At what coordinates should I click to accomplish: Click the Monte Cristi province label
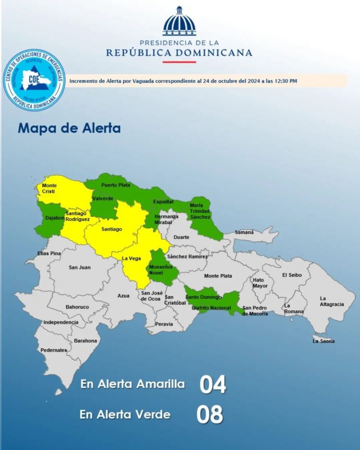[49, 188]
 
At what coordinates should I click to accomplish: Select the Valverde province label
[103, 199]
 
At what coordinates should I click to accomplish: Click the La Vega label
[131, 259]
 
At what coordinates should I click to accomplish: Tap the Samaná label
[244, 232]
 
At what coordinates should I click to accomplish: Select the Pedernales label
[54, 350]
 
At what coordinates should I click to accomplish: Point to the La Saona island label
[324, 341]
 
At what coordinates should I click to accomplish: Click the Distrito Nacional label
[211, 308]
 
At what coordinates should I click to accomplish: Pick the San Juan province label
[79, 267]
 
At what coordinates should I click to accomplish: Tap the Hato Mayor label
[260, 283]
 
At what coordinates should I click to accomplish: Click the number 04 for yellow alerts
[213, 385]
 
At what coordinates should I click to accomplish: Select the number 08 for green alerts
[210, 414]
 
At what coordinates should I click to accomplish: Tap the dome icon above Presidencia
[180, 22]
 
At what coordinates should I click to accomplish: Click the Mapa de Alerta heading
[69, 129]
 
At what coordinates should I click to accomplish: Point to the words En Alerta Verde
[125, 414]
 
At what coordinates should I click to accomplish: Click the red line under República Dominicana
[179, 62]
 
